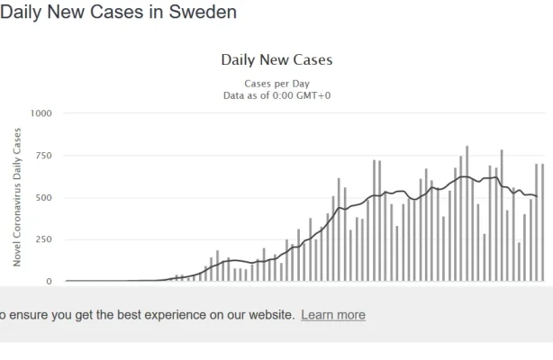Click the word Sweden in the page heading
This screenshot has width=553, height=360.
[206, 13]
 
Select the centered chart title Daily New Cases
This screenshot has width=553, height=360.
[276, 60]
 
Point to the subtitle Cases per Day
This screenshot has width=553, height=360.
[276, 84]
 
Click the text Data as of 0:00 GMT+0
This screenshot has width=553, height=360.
[276, 95]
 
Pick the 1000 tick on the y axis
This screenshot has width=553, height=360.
[41, 113]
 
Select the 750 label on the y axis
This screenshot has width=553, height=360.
[43, 156]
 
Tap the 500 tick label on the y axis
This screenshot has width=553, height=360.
[43, 198]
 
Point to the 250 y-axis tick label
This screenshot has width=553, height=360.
[43, 239]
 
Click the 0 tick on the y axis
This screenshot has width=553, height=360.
[50, 281]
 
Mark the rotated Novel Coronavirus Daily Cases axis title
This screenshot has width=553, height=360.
[17, 196]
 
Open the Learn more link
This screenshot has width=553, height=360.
[333, 315]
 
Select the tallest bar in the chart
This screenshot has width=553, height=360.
[467, 213]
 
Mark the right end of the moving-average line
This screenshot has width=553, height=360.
[537, 196]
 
